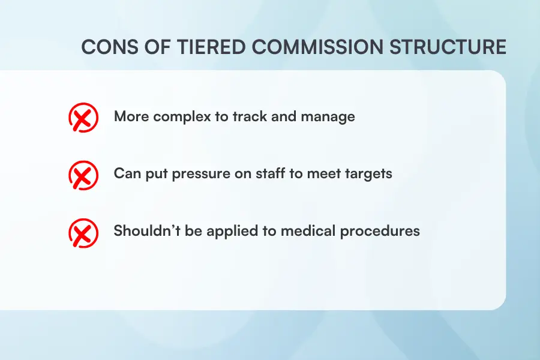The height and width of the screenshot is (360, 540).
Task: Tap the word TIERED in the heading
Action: coord(211,47)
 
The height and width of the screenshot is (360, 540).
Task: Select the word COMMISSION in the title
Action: coord(317,47)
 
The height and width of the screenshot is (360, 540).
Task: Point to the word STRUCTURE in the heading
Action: coord(448,47)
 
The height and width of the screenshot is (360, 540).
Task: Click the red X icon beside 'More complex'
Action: coord(83,118)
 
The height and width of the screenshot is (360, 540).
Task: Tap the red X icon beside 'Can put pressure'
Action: coord(83,175)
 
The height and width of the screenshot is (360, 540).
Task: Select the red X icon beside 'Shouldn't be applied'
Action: coord(83,233)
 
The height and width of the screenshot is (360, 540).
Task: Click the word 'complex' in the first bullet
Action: coord(182,117)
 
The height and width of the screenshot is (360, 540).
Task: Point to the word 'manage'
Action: coord(328,118)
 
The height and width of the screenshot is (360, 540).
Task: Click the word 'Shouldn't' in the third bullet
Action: coord(147,231)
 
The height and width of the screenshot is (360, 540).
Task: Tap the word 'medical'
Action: coord(308,231)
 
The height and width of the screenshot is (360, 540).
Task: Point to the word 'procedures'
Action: coord(380,232)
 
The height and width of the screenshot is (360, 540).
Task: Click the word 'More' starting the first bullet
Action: coord(131,116)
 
